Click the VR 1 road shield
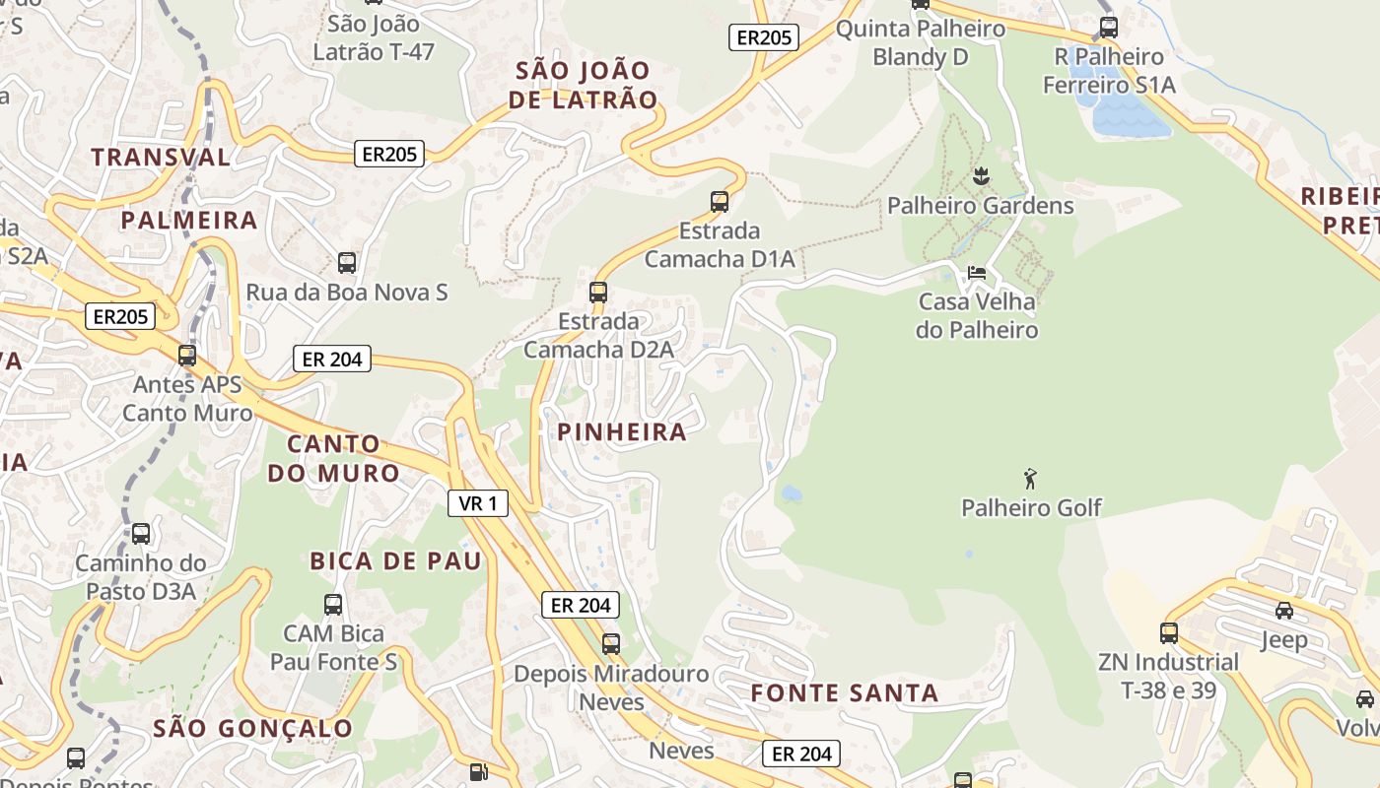coord(478,503)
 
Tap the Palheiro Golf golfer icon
coord(1030,479)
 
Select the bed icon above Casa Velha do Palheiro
coord(976,272)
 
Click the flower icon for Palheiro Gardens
coord(980,176)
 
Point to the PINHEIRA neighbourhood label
coord(621,431)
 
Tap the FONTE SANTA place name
coord(844,692)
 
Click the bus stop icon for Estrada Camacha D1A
coord(720,202)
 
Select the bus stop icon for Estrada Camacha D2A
coord(598,292)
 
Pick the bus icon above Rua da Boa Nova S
coord(347,263)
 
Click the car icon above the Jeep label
coord(1283,611)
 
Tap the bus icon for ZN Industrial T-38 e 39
coord(1169,632)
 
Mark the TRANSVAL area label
coord(161,157)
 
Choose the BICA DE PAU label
coord(395,560)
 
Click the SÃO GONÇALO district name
coord(252,728)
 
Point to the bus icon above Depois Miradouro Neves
coord(611,644)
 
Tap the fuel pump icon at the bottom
coord(478,772)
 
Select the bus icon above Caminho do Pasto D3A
coord(141,534)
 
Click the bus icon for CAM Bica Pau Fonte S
coord(333,604)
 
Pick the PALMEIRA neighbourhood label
coord(188,220)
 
